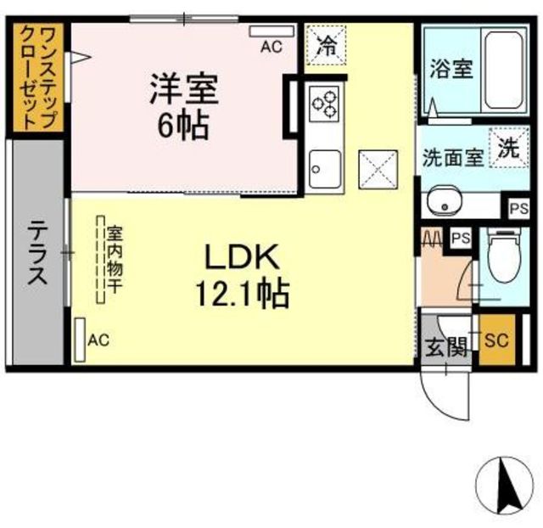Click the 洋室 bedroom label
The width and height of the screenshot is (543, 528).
pos(184,89)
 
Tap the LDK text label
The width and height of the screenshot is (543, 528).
pos(242,257)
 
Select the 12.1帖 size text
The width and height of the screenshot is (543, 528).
pos(243,294)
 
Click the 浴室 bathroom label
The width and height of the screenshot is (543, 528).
pos(451,69)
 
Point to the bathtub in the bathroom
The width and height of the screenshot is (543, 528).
pos(504,70)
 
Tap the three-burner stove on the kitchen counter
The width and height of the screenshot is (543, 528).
pos(324,104)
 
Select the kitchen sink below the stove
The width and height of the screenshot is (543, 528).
pos(325,169)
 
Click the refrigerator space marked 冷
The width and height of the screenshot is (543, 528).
pos(327,45)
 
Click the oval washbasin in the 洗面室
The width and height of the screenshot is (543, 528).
pos(445,202)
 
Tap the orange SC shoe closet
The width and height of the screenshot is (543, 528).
pos(497,340)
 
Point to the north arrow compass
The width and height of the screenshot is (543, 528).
pos(504,485)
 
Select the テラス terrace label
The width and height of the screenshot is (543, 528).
pos(37,253)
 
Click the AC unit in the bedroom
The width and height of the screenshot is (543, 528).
pos(271,31)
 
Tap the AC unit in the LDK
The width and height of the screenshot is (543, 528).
pos(81,340)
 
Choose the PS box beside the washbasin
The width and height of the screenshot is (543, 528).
pos(518,209)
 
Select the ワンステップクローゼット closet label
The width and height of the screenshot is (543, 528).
pos(38,77)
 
